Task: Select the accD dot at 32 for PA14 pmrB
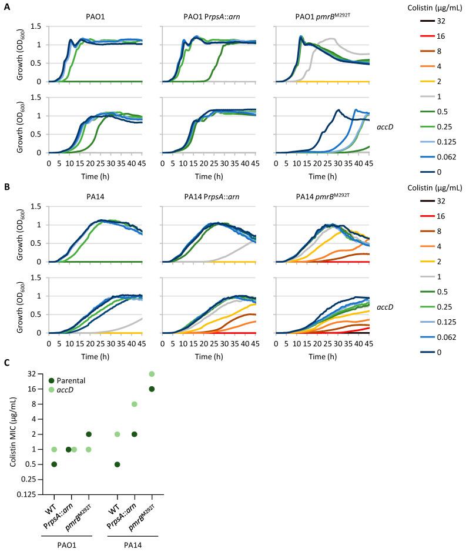pos(152,374)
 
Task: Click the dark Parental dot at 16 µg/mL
pos(152,389)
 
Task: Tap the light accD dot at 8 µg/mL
pos(134,404)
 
